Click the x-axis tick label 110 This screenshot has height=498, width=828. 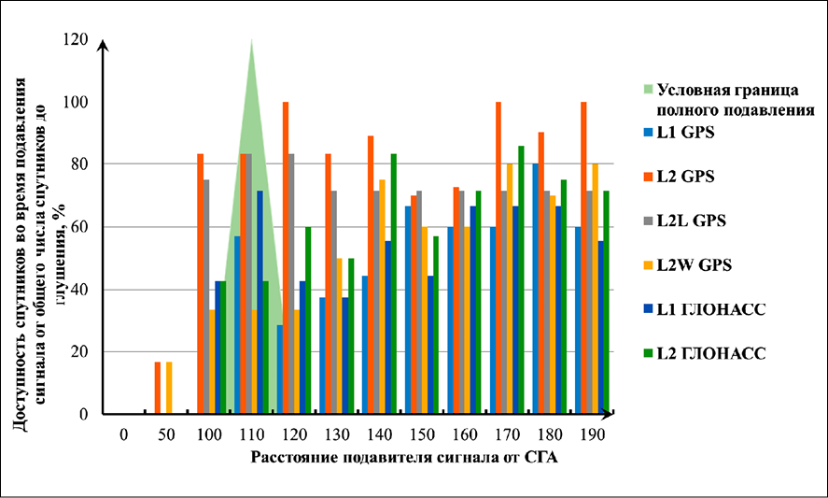[251, 434]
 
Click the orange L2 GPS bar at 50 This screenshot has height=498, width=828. [158, 388]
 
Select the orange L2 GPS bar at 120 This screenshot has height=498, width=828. [286, 257]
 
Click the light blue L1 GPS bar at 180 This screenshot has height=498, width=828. [536, 289]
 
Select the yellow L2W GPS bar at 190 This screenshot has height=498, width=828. [595, 289]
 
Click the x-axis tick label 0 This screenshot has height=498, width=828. [123, 434]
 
